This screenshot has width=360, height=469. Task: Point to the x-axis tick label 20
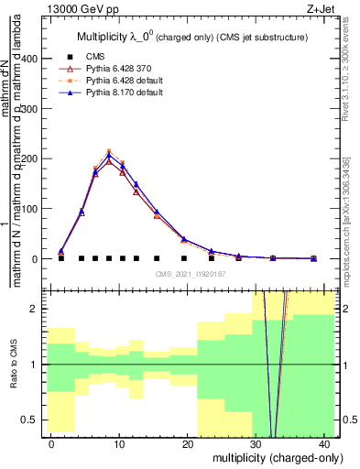pos(190,443)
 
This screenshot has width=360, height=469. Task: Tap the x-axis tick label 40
pos(326,443)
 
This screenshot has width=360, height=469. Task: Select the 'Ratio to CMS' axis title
pos(13,365)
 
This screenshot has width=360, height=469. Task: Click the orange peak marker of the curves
pos(109,152)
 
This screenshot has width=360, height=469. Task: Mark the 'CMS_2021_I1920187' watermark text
pos(192,273)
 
